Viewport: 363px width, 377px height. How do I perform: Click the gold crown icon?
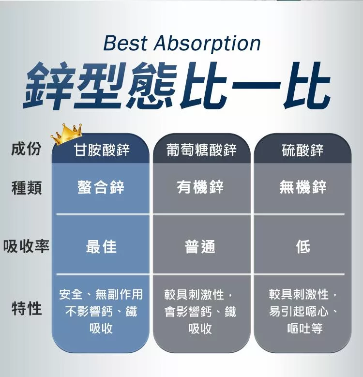click(67, 134)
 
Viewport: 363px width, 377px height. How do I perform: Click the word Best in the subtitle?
click(125, 43)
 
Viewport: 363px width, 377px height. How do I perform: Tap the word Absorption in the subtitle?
click(207, 44)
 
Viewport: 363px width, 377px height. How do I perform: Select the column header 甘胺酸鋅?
click(102, 150)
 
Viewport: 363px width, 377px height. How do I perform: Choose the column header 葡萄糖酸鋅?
click(201, 150)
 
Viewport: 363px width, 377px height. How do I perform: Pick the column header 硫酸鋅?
click(302, 150)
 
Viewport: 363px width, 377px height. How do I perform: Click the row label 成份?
click(26, 148)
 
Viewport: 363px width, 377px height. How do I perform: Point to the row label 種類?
click(27, 188)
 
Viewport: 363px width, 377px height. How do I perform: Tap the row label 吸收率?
click(26, 246)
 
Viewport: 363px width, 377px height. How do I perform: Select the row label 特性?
click(27, 308)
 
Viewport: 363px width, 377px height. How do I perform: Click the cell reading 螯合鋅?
click(101, 187)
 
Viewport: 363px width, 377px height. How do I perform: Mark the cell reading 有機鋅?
click(200, 187)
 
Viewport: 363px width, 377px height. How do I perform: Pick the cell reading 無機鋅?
click(303, 187)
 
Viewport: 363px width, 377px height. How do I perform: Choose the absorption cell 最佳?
click(101, 247)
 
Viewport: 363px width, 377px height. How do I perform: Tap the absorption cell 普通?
click(200, 247)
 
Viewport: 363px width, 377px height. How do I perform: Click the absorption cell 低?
click(303, 247)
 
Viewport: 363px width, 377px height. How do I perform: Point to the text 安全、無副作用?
click(101, 294)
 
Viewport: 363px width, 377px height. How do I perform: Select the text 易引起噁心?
click(299, 312)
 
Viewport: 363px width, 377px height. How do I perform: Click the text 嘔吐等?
click(305, 329)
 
